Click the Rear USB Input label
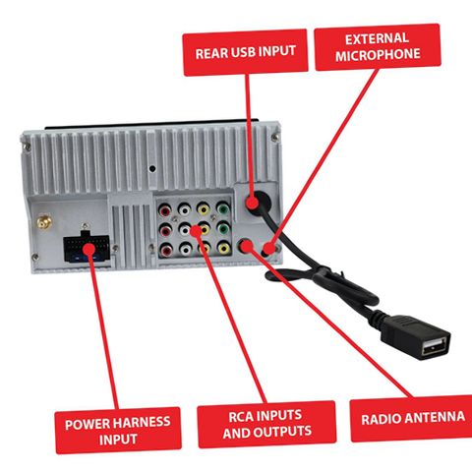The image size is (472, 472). click(245, 52)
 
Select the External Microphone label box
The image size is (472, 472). click(378, 47)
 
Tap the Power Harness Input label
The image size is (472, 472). click(118, 431)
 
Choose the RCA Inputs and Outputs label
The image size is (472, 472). click(266, 424)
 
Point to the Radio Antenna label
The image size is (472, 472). click(412, 418)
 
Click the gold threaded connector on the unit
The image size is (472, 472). click(44, 222)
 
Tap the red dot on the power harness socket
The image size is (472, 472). click(88, 249)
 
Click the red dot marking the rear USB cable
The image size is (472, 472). click(253, 203)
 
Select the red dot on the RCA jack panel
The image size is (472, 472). click(196, 231)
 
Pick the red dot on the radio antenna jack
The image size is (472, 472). click(248, 246)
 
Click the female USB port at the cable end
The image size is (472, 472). click(434, 347)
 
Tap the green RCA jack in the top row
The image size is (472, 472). click(223, 208)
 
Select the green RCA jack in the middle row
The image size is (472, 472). click(223, 228)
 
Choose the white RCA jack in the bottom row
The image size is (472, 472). click(186, 250)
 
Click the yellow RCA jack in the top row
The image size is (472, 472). click(204, 209)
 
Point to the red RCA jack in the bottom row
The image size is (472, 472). click(166, 251)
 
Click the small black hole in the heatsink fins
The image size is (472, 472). click(152, 169)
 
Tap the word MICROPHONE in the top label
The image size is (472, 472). click(378, 54)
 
